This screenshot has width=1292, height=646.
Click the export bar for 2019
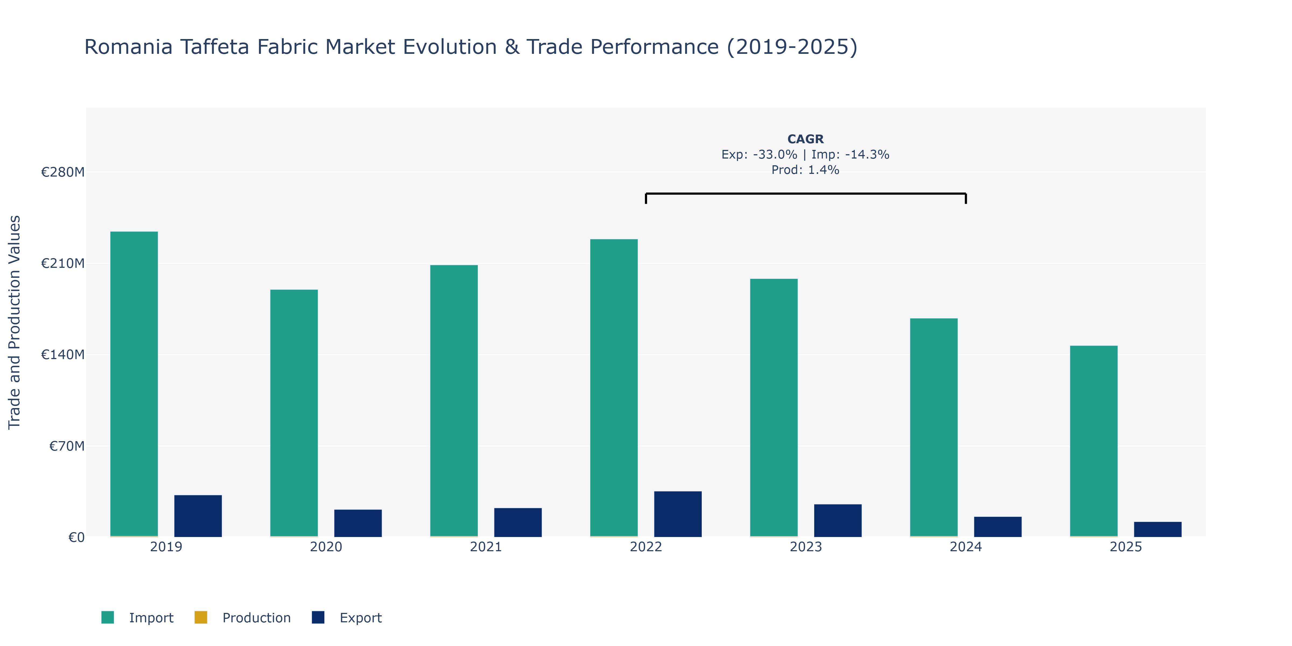pos(198,516)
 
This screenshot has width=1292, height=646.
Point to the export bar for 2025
pos(1158,530)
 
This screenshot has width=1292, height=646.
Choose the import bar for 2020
pos(294,413)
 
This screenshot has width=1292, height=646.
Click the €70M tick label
pos(67,446)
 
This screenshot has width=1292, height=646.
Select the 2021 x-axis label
pos(486,547)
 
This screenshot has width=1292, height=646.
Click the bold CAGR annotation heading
pos(806,139)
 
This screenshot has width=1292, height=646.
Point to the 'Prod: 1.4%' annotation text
pos(806,170)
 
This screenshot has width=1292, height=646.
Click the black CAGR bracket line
pos(806,194)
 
